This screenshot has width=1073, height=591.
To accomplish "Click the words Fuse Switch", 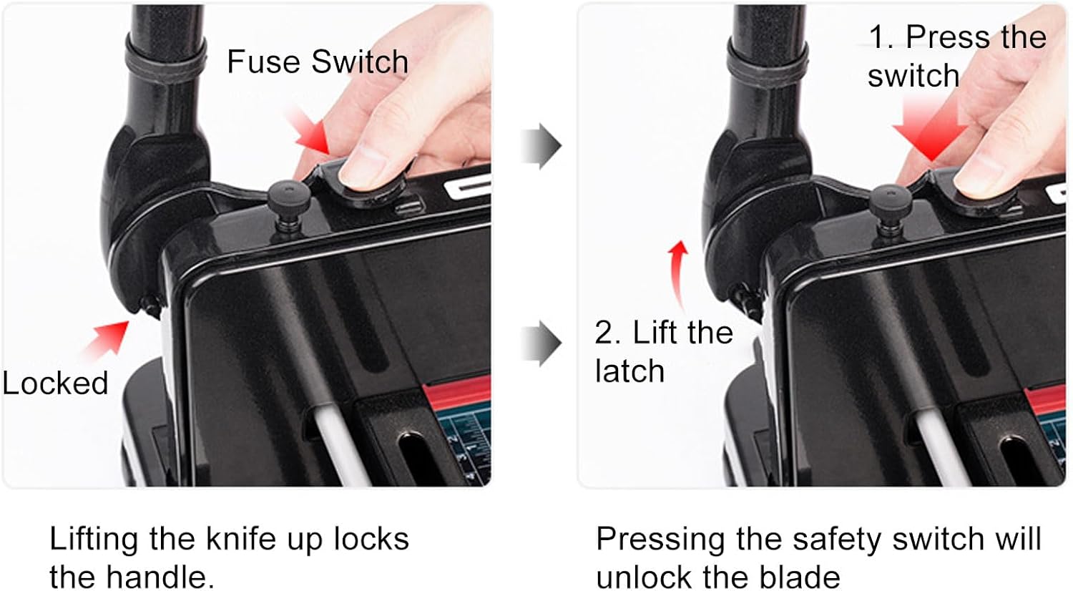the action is [x=318, y=62].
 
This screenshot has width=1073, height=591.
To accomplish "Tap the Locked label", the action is [x=55, y=383].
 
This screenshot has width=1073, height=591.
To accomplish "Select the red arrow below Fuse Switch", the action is [x=309, y=130].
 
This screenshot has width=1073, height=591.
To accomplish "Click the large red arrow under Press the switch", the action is [x=930, y=130].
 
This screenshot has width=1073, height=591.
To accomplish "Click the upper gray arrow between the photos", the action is [x=542, y=146].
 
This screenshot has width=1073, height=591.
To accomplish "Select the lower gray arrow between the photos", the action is [x=542, y=343].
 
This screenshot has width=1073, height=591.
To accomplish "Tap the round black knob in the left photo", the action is [x=288, y=200].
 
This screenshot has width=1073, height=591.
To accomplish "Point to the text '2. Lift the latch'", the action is [x=664, y=351].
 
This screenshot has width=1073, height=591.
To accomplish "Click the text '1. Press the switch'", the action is [x=957, y=56].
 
